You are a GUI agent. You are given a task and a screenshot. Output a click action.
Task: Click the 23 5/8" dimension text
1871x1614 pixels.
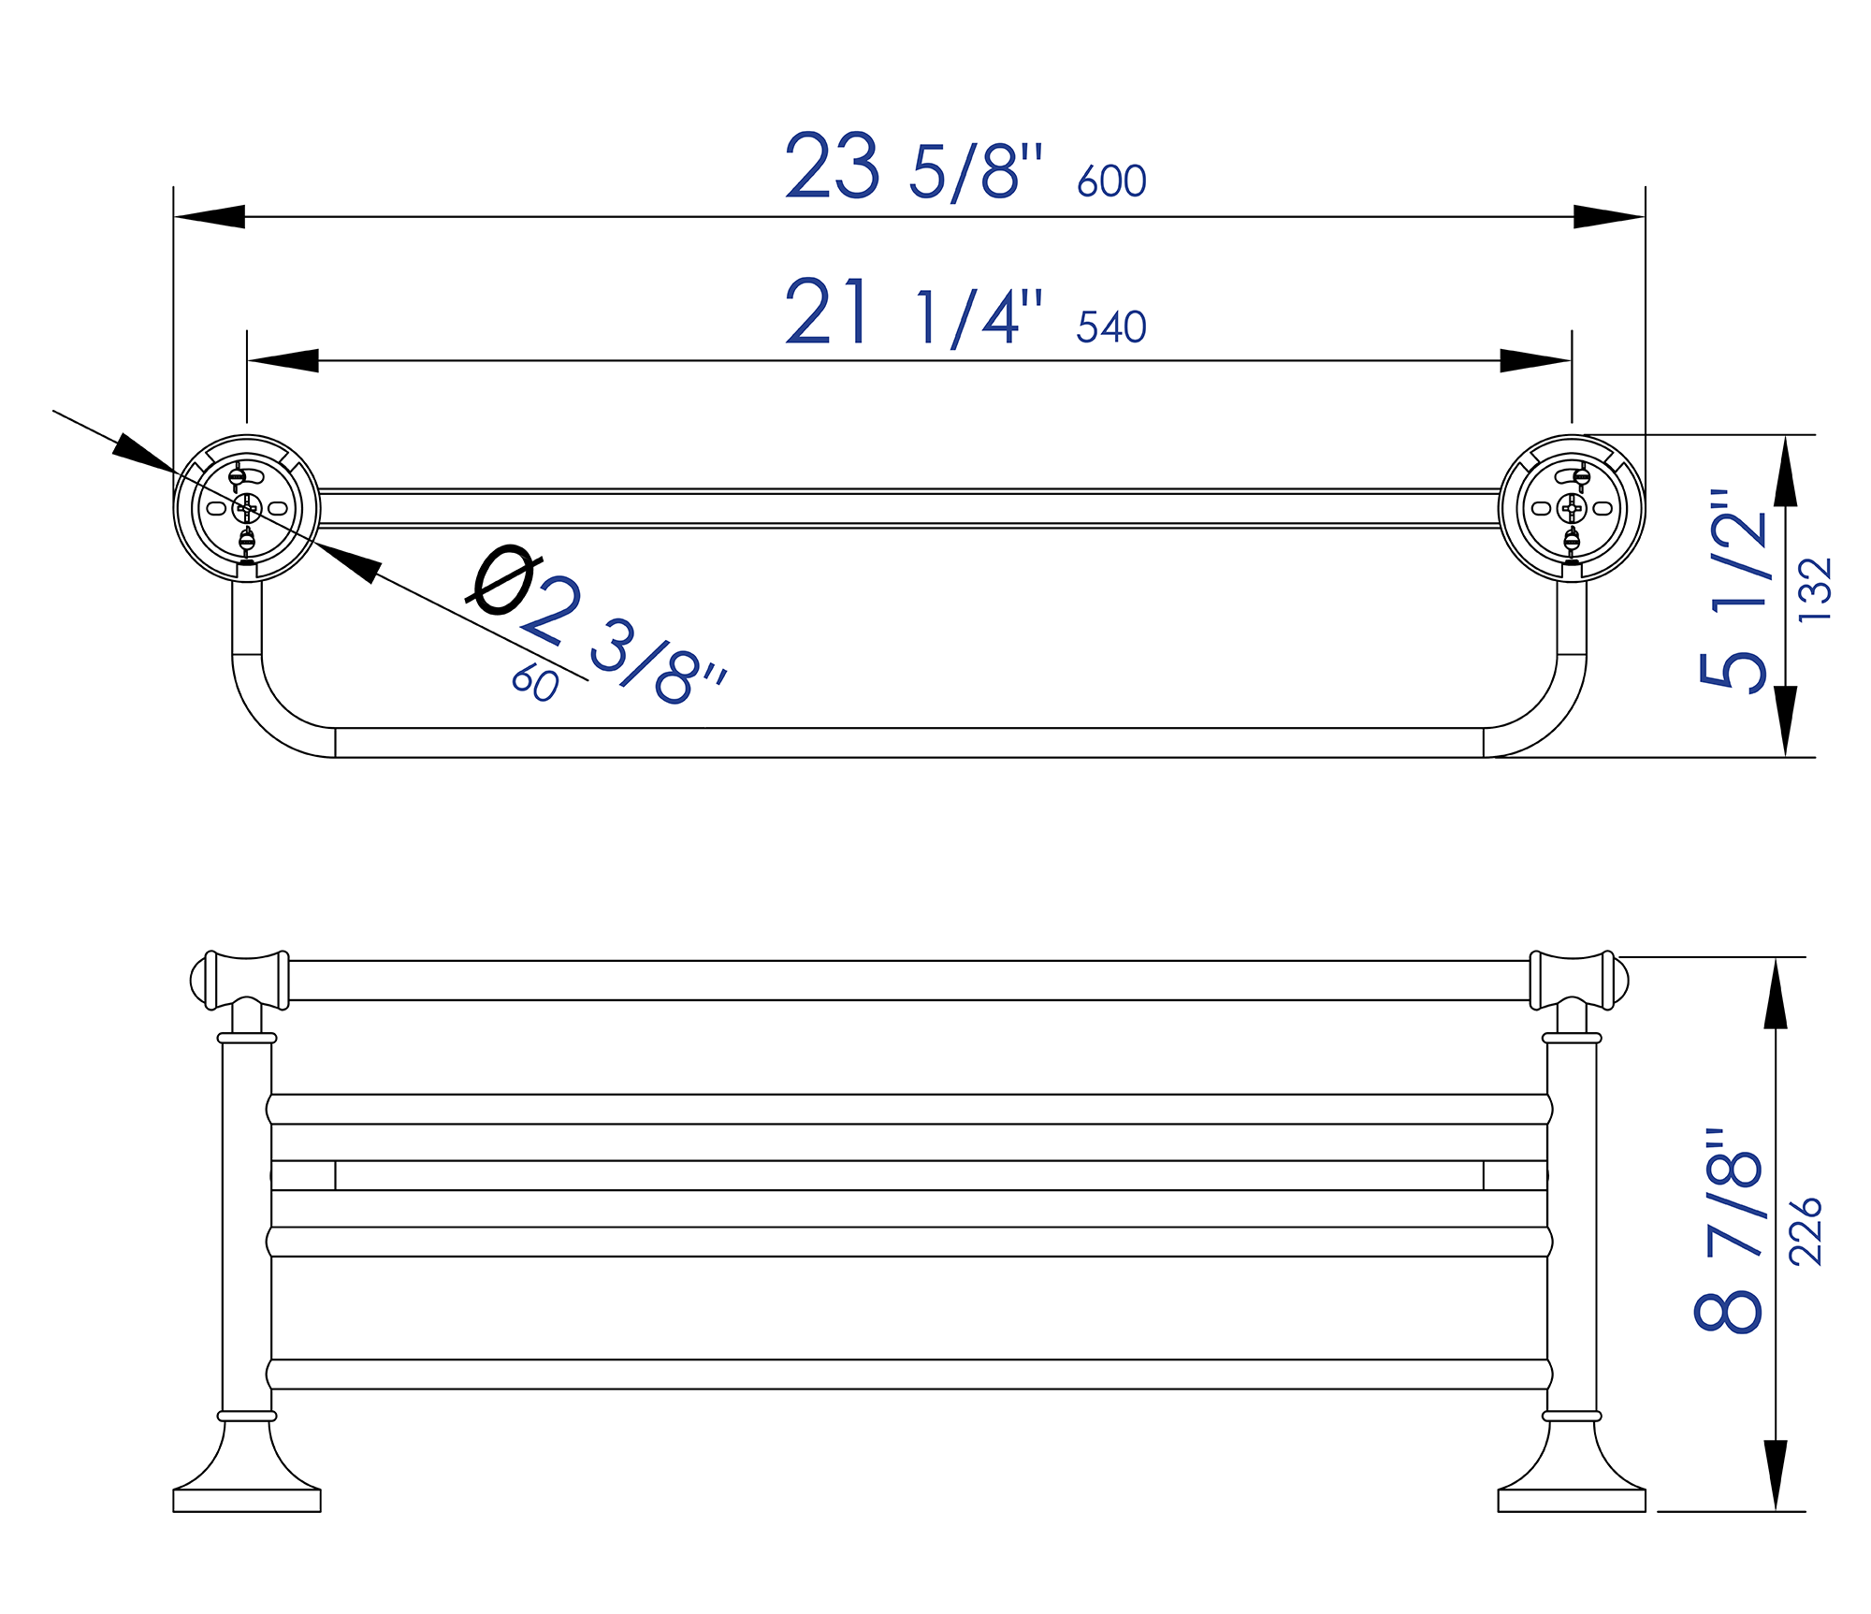pyautogui.click(x=912, y=168)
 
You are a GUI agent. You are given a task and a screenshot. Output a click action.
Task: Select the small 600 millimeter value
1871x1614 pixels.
pyautogui.click(x=1110, y=182)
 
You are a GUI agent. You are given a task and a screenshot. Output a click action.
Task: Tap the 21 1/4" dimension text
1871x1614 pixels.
pyautogui.click(x=912, y=314)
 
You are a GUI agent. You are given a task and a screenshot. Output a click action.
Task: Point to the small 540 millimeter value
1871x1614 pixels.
pyautogui.click(x=1110, y=327)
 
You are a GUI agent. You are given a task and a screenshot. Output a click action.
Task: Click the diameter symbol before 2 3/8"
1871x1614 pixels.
pyautogui.click(x=504, y=581)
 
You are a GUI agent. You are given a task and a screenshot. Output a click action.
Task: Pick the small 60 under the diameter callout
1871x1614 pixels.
pyautogui.click(x=535, y=684)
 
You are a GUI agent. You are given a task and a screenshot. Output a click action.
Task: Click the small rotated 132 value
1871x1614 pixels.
pyautogui.click(x=1816, y=590)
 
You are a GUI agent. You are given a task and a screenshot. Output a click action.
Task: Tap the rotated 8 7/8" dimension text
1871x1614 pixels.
pyautogui.click(x=1729, y=1231)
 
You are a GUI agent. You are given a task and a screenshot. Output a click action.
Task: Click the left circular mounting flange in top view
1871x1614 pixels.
pyautogui.click(x=247, y=508)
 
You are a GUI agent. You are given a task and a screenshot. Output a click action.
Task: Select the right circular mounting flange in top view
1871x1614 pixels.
pyautogui.click(x=1572, y=508)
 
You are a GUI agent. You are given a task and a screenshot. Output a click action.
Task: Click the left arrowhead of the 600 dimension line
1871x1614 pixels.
pyautogui.click(x=210, y=216)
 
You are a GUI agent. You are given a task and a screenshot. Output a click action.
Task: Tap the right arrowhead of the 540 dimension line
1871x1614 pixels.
pyautogui.click(x=1535, y=360)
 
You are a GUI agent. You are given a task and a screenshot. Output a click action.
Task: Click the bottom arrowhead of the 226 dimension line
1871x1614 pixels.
pyautogui.click(x=1776, y=1474)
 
